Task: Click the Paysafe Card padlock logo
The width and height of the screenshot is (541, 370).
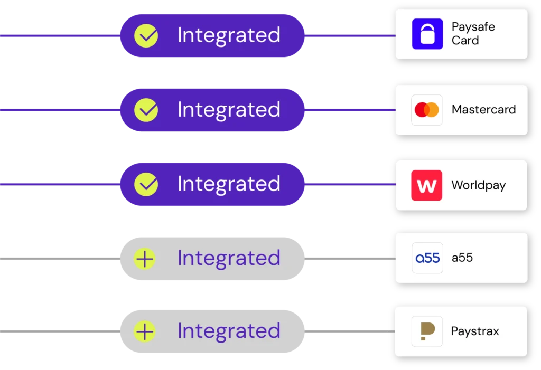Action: [427, 34]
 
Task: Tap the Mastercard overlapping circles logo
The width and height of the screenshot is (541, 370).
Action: [427, 110]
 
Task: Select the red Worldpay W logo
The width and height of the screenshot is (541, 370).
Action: [427, 185]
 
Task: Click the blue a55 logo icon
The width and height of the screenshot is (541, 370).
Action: [427, 258]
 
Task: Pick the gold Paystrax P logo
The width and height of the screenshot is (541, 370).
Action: [427, 331]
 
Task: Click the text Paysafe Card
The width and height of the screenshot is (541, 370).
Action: [473, 34]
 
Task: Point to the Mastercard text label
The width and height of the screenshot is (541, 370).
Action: [483, 110]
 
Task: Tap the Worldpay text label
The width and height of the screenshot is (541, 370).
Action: [478, 185]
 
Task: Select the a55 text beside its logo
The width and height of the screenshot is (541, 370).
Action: [462, 258]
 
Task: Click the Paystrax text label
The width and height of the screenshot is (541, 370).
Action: [474, 331]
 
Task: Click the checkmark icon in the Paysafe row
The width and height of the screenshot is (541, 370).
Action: [146, 35]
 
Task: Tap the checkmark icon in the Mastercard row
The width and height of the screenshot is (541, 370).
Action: [146, 110]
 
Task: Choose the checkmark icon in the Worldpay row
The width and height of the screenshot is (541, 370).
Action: [146, 184]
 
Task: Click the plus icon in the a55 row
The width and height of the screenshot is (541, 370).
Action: [144, 259]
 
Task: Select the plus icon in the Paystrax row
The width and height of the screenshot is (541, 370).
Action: [144, 331]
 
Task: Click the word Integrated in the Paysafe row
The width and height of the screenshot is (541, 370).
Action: [229, 35]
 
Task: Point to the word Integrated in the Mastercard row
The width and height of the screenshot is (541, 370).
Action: [229, 110]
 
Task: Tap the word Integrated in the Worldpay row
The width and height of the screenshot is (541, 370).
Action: [229, 184]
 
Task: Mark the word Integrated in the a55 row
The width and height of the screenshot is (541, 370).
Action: [229, 259]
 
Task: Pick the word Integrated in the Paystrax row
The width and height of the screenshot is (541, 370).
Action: [229, 331]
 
